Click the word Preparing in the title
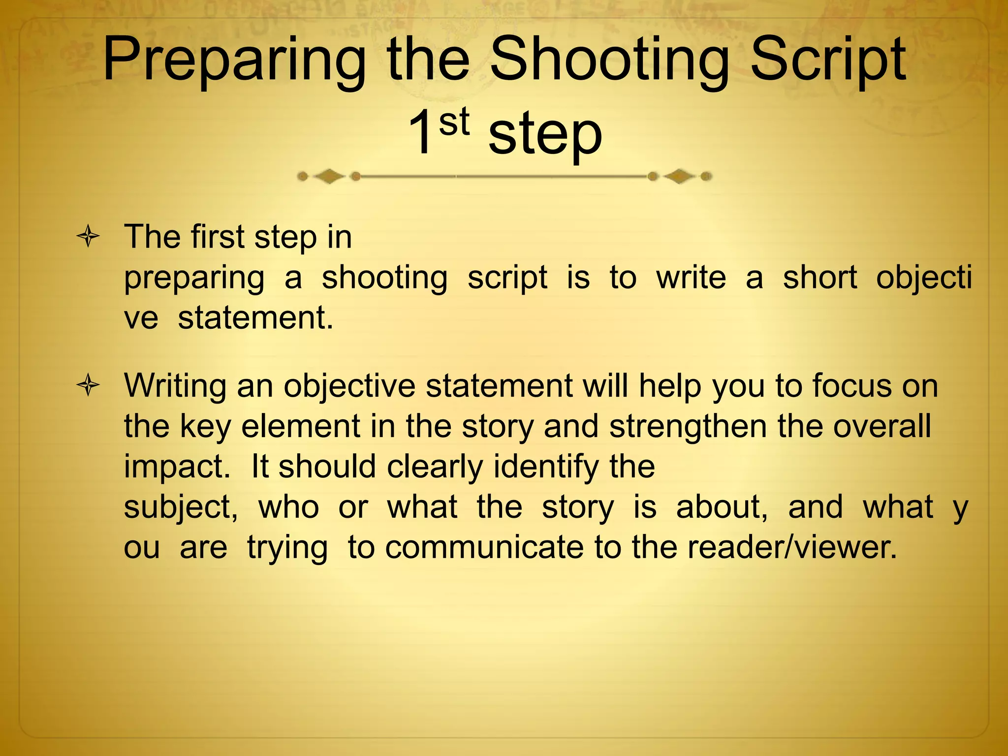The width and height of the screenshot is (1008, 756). coord(234,62)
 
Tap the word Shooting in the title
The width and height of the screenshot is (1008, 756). coord(608,62)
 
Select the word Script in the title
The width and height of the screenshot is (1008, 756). coord(828,62)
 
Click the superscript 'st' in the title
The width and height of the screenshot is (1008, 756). coord(454,122)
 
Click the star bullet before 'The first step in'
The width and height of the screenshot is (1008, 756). coord(88,237)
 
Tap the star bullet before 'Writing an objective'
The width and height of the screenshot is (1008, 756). coord(88,385)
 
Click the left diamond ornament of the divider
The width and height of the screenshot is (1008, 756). coord(328,176)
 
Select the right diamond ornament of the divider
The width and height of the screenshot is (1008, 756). coord(680,176)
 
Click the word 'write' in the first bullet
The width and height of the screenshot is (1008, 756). coord(691,278)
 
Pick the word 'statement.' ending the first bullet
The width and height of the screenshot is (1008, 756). coord(255,318)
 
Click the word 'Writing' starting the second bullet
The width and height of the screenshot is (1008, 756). coord(175,387)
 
